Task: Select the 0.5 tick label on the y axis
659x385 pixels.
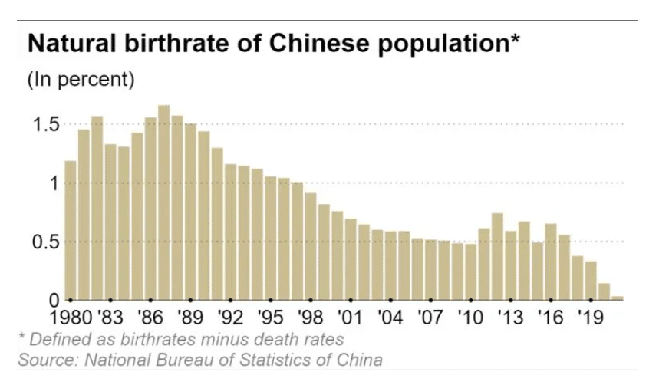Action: (42, 242)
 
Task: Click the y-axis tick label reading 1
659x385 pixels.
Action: (52, 183)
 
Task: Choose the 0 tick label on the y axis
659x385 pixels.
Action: (52, 299)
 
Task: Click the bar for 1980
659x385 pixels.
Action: (71, 230)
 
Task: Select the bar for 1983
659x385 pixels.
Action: (110, 222)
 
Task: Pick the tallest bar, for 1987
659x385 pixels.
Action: (163, 202)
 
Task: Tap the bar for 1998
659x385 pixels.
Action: (310, 246)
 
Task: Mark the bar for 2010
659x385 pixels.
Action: (470, 271)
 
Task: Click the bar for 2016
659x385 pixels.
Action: (550, 262)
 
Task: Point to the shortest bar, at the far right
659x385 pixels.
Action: (618, 298)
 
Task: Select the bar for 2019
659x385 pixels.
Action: (590, 280)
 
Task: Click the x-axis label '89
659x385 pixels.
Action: (190, 318)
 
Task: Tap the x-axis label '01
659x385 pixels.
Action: (350, 318)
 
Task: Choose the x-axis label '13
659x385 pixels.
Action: (509, 318)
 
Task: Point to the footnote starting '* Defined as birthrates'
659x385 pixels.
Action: (181, 338)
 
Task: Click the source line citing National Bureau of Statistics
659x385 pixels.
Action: (200, 359)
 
